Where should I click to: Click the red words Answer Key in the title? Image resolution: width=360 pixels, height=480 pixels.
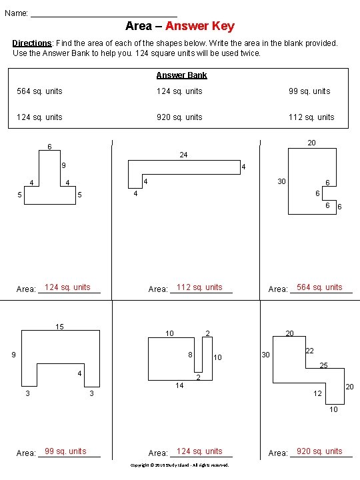pos(200,26)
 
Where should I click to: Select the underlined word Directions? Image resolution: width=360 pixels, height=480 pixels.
pos(32,43)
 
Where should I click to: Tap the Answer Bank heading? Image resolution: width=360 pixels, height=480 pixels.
pos(181,75)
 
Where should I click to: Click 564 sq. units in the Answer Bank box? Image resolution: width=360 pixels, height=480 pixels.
pos(39,91)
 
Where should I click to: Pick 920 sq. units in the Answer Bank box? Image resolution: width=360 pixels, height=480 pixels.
pos(179,117)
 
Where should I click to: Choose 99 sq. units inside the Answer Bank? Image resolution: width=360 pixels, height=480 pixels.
pos(309,91)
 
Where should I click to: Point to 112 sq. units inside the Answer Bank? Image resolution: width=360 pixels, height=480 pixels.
pos(311,117)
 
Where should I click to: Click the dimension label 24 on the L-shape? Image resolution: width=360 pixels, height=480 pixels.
pos(183,155)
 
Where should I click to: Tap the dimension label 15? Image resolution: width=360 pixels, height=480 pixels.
pos(59,327)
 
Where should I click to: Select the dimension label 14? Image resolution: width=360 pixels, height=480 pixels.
pos(179,385)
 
